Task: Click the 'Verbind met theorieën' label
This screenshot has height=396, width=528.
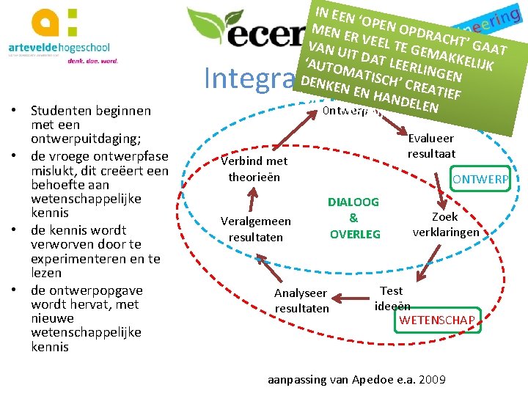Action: click(254, 169)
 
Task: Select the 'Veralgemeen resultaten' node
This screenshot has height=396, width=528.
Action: click(255, 229)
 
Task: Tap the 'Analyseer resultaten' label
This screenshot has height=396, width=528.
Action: click(301, 301)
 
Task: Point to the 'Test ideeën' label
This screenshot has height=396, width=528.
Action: click(392, 298)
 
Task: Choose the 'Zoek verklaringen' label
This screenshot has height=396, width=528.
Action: click(445, 224)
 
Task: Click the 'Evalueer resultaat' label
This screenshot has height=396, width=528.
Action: click(431, 146)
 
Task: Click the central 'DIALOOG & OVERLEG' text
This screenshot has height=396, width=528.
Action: click(354, 218)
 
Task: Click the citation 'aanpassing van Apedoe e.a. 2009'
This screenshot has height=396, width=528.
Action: click(356, 379)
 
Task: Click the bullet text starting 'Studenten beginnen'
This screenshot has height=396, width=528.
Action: click(91, 125)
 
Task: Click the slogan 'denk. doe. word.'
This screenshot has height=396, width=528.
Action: click(98, 62)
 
